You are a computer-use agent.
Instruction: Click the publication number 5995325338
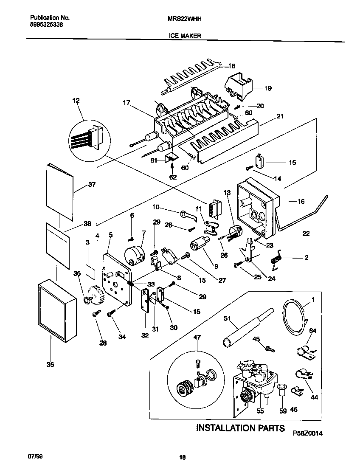[x=47, y=25]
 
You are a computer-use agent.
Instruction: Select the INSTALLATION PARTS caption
[x=240, y=428]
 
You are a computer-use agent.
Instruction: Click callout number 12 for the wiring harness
[x=76, y=101]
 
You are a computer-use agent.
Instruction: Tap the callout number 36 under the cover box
[x=51, y=364]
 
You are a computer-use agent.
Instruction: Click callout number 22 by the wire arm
[x=306, y=233]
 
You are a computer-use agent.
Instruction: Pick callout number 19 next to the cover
[x=267, y=88]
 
